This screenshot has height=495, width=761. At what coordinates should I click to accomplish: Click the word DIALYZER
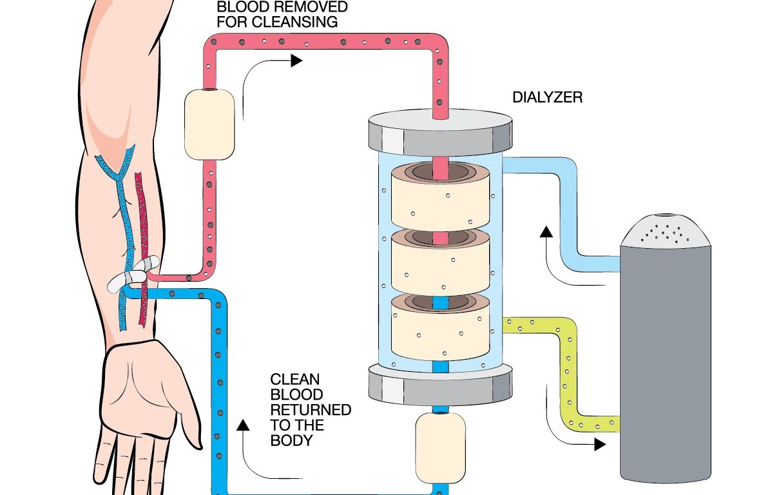(x=548, y=98)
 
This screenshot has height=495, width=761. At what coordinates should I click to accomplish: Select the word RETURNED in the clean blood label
(x=310, y=410)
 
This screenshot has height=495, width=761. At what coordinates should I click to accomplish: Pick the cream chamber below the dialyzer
(x=440, y=446)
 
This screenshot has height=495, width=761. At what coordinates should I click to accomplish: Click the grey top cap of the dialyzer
(x=440, y=131)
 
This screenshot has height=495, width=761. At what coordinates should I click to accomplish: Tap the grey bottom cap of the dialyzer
(x=440, y=382)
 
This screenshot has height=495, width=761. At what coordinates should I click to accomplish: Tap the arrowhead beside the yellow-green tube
(x=600, y=444)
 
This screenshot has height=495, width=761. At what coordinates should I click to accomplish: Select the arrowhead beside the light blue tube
(x=546, y=231)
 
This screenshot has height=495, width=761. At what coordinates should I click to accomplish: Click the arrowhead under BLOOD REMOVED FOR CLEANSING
(x=296, y=61)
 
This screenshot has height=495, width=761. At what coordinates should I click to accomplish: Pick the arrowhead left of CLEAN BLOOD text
(x=242, y=424)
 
